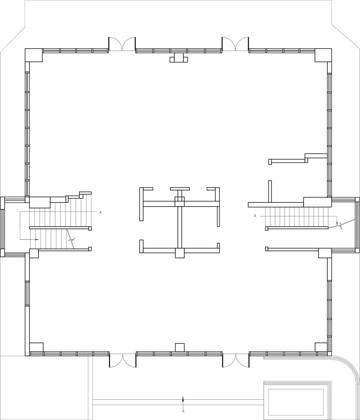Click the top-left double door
(x=122, y=44)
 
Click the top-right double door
(x=235, y=44)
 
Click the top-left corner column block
(x=34, y=55)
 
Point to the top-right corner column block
(x=323, y=55)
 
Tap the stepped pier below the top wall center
(x=179, y=58)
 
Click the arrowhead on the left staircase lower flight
(x=37, y=240)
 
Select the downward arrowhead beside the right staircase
(x=337, y=224)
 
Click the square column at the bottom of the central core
(x=180, y=253)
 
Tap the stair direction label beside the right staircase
(x=255, y=216)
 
